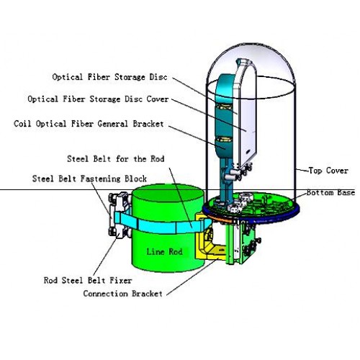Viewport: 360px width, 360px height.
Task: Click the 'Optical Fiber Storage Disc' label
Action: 109,77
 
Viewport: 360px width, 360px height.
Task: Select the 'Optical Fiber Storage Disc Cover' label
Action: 98,99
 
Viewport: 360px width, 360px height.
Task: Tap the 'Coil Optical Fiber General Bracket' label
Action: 89,124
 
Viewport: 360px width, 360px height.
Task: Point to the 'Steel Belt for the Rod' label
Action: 116,159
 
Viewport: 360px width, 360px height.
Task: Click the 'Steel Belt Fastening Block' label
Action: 89,179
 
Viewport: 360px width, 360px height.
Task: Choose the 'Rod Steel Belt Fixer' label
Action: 88,280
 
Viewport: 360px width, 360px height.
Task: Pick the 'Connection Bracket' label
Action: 123,294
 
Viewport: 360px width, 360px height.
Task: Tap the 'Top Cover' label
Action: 328,171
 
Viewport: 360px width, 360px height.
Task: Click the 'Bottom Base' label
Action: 330,192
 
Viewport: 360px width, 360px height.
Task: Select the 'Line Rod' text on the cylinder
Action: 165,251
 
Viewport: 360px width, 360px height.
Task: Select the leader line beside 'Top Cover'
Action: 302,171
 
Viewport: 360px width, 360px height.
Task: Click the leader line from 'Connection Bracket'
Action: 193,276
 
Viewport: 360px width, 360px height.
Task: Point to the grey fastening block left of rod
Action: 120,215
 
